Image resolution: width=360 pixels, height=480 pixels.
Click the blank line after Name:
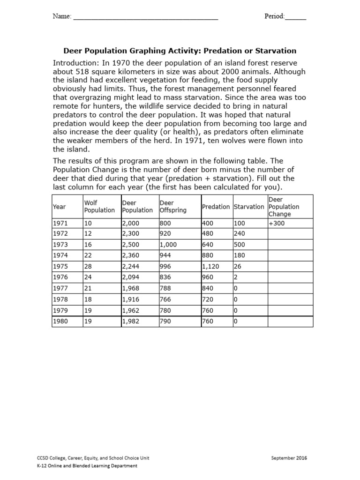click(146, 18)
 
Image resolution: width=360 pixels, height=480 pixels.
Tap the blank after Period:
click(296, 18)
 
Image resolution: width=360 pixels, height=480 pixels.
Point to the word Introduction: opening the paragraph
click(75, 63)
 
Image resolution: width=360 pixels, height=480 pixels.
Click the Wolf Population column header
click(99, 206)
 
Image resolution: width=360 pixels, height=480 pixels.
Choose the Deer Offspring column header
click(173, 206)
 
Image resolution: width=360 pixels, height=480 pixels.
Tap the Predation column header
click(216, 207)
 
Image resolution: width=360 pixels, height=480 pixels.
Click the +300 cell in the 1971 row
click(277, 224)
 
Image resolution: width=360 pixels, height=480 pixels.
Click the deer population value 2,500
click(131, 245)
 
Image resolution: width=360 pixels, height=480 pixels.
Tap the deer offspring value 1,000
click(169, 245)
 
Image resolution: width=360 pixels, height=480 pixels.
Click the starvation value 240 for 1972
click(240, 233)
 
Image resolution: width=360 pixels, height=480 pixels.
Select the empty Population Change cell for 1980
click(290, 322)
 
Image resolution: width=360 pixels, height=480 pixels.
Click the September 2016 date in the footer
click(289, 458)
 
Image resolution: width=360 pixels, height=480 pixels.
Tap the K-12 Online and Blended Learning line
click(87, 465)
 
